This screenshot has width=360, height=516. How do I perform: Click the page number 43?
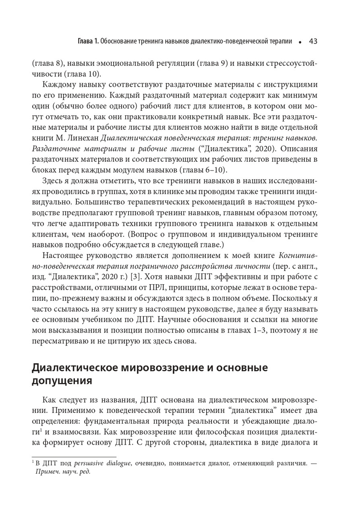313,42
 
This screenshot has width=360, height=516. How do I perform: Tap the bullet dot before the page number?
300,42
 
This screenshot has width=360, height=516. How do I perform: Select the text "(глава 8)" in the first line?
48,63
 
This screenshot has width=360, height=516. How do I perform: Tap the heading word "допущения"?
62,381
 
